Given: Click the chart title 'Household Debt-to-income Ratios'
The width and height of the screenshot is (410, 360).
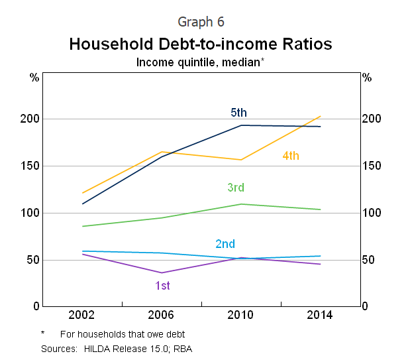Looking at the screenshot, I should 201,44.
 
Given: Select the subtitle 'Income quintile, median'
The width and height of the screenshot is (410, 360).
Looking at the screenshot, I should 199,62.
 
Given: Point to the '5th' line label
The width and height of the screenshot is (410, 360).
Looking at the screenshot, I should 238,113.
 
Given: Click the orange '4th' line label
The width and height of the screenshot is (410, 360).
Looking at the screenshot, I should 291,156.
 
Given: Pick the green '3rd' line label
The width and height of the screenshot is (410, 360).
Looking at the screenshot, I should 236,188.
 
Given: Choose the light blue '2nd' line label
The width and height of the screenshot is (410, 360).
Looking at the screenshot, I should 225,244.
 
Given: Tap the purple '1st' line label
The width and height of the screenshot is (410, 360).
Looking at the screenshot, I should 163,285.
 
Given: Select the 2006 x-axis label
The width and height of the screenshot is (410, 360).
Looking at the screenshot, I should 162,315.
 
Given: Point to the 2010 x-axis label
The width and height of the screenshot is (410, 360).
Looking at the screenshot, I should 241,315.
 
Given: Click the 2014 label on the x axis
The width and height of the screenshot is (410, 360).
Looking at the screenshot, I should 321,315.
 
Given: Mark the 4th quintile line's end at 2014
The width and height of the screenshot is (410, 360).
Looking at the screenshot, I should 321,117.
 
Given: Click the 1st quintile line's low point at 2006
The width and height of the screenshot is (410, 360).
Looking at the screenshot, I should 162,272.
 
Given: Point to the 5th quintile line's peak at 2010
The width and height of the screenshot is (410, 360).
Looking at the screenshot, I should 241,125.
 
